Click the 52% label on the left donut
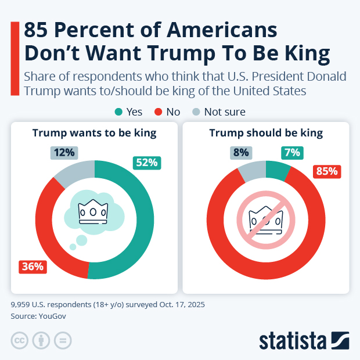[x=147, y=163]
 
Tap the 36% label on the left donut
[x=33, y=267]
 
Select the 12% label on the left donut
[x=64, y=153]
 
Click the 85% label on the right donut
[x=326, y=171]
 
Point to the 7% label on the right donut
[x=291, y=153]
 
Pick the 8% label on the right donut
[x=241, y=153]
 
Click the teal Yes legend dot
[x=119, y=112]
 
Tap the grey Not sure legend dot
[x=196, y=112]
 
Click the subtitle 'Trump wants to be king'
[x=94, y=133]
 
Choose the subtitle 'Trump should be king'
[x=266, y=133]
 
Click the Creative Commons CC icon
[x=20, y=340]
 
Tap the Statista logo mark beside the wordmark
[x=340, y=340]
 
